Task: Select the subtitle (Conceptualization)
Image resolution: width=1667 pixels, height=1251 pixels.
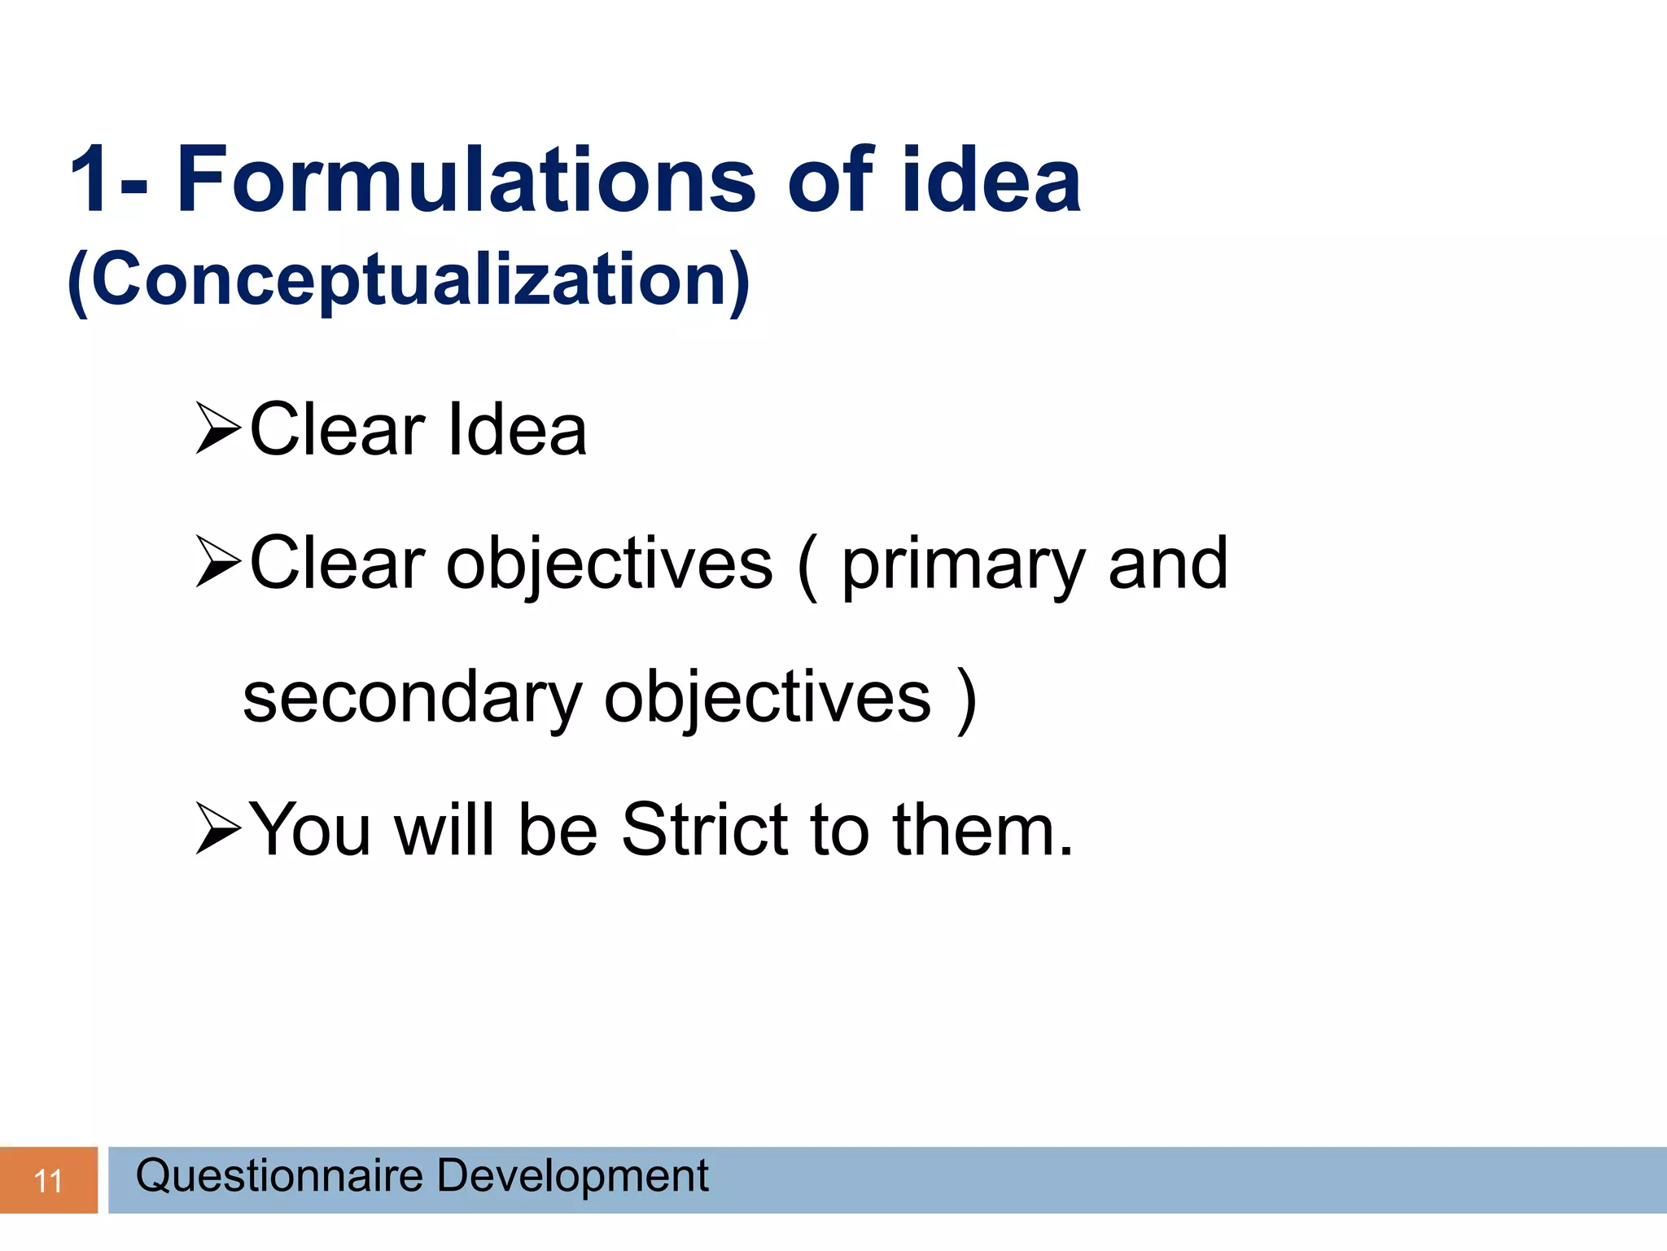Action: point(409,280)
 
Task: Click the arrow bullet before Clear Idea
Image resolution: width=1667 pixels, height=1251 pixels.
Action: point(218,428)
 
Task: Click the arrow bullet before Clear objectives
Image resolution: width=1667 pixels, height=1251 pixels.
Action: point(218,563)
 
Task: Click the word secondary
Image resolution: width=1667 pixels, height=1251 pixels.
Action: point(411,698)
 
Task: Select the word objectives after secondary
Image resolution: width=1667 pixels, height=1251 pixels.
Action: point(767,698)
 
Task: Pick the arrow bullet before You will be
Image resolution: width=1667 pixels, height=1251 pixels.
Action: point(218,829)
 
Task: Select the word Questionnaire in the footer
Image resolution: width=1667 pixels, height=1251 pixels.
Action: point(279,1176)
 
